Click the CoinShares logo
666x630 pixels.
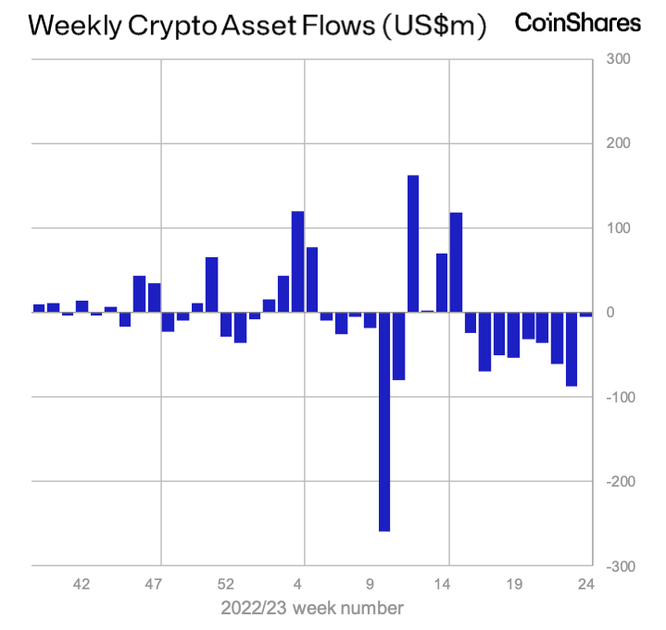point(577,23)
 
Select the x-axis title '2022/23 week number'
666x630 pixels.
point(312,608)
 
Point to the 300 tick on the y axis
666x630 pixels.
point(618,59)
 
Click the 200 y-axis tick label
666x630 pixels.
point(618,143)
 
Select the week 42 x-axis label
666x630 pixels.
point(82,585)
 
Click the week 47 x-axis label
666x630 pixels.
point(154,585)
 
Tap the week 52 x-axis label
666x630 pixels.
point(226,585)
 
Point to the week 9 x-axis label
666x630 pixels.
point(370,585)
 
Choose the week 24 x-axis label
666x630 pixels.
point(585,585)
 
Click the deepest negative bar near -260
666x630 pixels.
point(384,422)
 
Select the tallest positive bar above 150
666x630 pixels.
point(413,243)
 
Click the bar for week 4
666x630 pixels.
point(298,262)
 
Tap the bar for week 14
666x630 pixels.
point(456,263)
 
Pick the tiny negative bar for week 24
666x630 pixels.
point(585,315)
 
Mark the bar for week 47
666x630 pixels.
point(155,298)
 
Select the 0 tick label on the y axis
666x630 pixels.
point(611,313)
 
